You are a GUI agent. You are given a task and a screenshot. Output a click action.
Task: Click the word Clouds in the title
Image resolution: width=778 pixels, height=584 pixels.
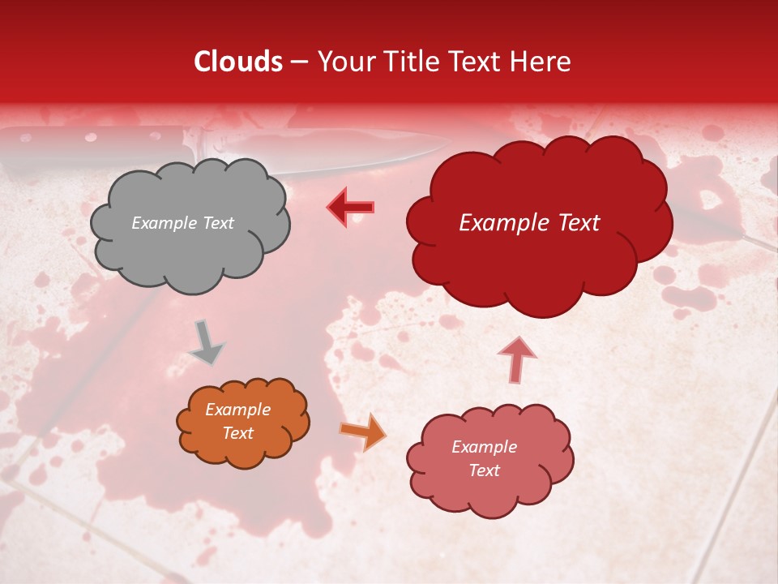(x=238, y=62)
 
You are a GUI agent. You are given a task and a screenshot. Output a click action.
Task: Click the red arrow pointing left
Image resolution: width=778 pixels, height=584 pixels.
(x=350, y=207)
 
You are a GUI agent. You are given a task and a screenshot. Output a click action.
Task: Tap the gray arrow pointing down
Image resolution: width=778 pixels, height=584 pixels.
(x=206, y=342)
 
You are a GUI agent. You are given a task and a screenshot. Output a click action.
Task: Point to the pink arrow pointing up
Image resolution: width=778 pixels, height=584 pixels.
(x=516, y=359)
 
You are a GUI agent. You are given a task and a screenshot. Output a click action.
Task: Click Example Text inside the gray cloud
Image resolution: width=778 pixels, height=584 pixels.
(x=182, y=223)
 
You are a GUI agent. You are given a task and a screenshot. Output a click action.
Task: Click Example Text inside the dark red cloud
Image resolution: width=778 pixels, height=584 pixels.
(x=529, y=223)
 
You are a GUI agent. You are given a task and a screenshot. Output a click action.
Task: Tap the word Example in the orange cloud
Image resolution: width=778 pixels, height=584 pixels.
(x=237, y=410)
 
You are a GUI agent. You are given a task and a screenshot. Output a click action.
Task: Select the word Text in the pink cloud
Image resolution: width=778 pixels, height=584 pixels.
(x=484, y=470)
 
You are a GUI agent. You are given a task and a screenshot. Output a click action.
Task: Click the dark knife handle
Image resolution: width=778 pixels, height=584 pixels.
(x=89, y=146)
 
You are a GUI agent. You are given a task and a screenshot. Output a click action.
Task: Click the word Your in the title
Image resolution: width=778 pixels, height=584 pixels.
(x=341, y=62)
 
